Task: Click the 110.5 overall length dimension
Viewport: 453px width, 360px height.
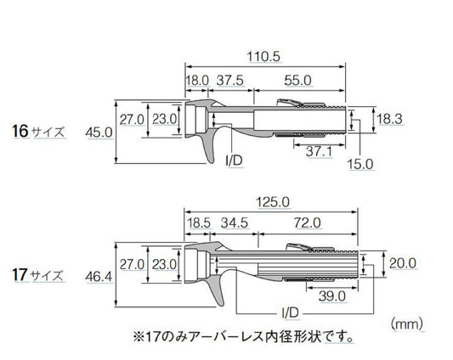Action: point(263,57)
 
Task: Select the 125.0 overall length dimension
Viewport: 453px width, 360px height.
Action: point(273,202)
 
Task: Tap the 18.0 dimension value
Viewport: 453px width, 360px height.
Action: point(197,81)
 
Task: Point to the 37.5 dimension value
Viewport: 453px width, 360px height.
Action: point(230,81)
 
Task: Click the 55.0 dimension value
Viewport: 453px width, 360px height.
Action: point(297,81)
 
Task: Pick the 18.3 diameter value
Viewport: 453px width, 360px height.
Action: point(390,119)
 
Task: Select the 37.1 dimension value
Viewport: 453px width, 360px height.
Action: point(320,151)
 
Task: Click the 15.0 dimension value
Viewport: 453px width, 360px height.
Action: point(360,164)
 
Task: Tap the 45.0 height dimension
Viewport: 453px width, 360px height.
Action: point(99,132)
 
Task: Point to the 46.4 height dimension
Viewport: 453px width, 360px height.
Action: point(99,277)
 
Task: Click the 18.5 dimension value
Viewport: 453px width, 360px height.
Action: point(199,222)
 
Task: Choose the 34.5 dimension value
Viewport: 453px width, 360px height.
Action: point(235,222)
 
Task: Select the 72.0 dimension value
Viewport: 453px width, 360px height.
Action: point(308,222)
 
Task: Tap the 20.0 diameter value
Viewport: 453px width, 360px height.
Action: point(403,263)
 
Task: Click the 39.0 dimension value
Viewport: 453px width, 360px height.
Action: point(332,296)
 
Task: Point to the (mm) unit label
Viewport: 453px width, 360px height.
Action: point(407,323)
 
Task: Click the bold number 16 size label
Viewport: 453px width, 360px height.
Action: point(20,131)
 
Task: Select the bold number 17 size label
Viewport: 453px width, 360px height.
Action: point(20,274)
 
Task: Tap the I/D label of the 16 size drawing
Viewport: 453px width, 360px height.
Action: point(234,160)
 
